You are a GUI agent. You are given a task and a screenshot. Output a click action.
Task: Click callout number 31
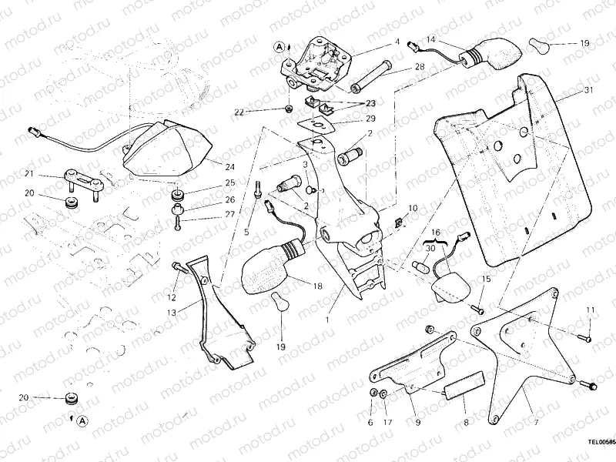coord(589,90)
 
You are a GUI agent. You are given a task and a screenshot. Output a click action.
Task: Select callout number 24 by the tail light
coord(230,166)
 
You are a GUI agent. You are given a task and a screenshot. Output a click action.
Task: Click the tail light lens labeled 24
coord(166,149)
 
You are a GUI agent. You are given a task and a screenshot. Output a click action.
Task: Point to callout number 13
coord(171,313)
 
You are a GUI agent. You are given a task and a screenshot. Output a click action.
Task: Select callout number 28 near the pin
coord(419,67)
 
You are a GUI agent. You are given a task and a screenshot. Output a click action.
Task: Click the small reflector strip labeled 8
coord(464,383)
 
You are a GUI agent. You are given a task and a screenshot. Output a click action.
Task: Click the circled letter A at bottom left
coord(82,420)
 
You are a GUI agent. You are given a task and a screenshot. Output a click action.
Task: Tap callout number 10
coord(412,208)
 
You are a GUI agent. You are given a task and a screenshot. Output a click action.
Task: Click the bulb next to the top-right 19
coord(538,44)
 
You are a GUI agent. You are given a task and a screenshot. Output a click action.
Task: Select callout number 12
coord(172,297)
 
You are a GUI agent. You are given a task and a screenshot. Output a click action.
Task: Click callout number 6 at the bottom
coord(370,423)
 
